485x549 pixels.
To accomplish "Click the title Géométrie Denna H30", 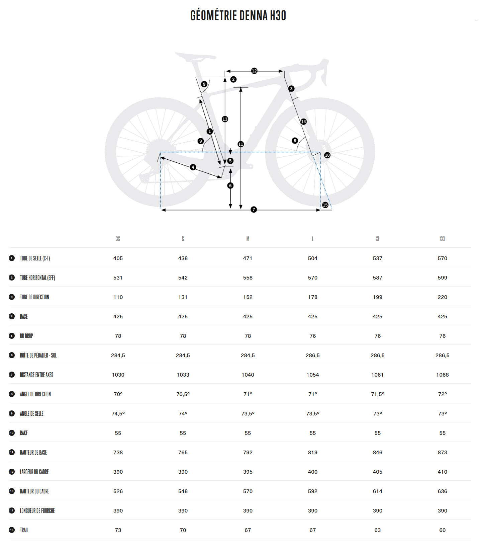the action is (x=238, y=16).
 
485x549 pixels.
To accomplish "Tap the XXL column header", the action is (x=442, y=239).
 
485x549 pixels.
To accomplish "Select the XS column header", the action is (x=118, y=239).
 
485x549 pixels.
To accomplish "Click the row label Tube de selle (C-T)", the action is (x=35, y=258).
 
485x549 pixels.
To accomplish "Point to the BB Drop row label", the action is (x=26, y=336).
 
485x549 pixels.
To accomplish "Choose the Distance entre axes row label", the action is (x=36, y=375).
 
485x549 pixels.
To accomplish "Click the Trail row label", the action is (x=24, y=530).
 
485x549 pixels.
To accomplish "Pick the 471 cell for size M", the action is (x=248, y=258).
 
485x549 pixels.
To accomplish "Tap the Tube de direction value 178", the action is (x=312, y=297).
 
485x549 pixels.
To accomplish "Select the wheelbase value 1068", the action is (x=442, y=375).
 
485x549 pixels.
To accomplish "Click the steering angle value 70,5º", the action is (x=183, y=394).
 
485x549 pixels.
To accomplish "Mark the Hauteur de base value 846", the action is (x=377, y=452).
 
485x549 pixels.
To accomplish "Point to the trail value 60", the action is (x=442, y=530).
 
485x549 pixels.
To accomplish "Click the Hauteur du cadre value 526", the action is (x=118, y=491).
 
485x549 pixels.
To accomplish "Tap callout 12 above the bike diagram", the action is (x=254, y=71).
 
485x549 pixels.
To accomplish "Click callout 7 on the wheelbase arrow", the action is (x=254, y=210).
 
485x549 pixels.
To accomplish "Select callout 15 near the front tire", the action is (x=325, y=205).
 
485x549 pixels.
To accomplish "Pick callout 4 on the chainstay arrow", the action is (x=193, y=167).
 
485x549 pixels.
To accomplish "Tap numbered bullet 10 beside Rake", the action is (x=12, y=433).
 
